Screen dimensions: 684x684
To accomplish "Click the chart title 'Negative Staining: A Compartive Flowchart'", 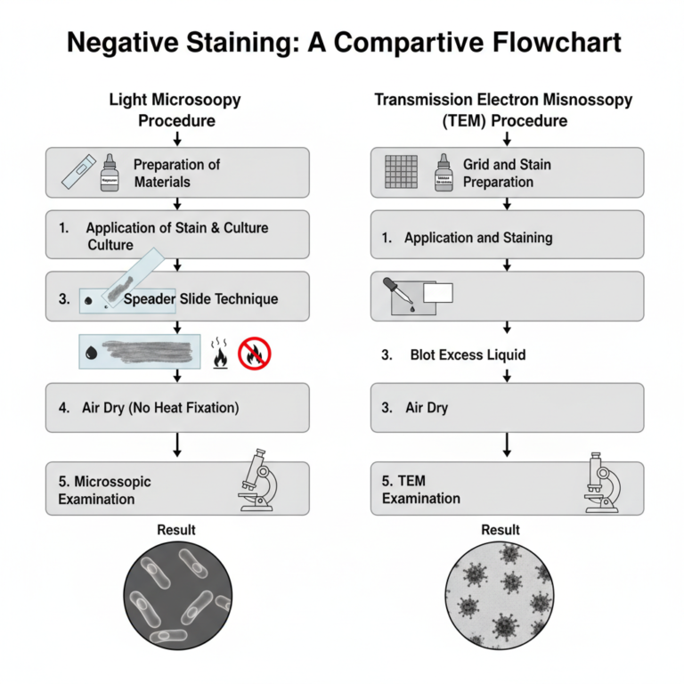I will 342,42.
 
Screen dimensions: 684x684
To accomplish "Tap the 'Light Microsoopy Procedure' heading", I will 175,110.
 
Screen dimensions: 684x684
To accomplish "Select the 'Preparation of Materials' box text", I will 176,173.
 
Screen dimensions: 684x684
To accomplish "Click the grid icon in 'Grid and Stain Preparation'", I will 401,172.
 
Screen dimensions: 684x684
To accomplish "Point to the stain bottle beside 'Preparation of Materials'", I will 110,171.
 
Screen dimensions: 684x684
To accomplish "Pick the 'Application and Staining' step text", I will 478,238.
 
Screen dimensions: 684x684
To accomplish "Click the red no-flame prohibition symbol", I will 256,353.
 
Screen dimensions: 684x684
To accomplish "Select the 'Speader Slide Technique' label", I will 200,299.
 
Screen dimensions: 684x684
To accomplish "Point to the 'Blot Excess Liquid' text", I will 468,354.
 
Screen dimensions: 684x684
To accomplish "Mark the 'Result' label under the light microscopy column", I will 176,530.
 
